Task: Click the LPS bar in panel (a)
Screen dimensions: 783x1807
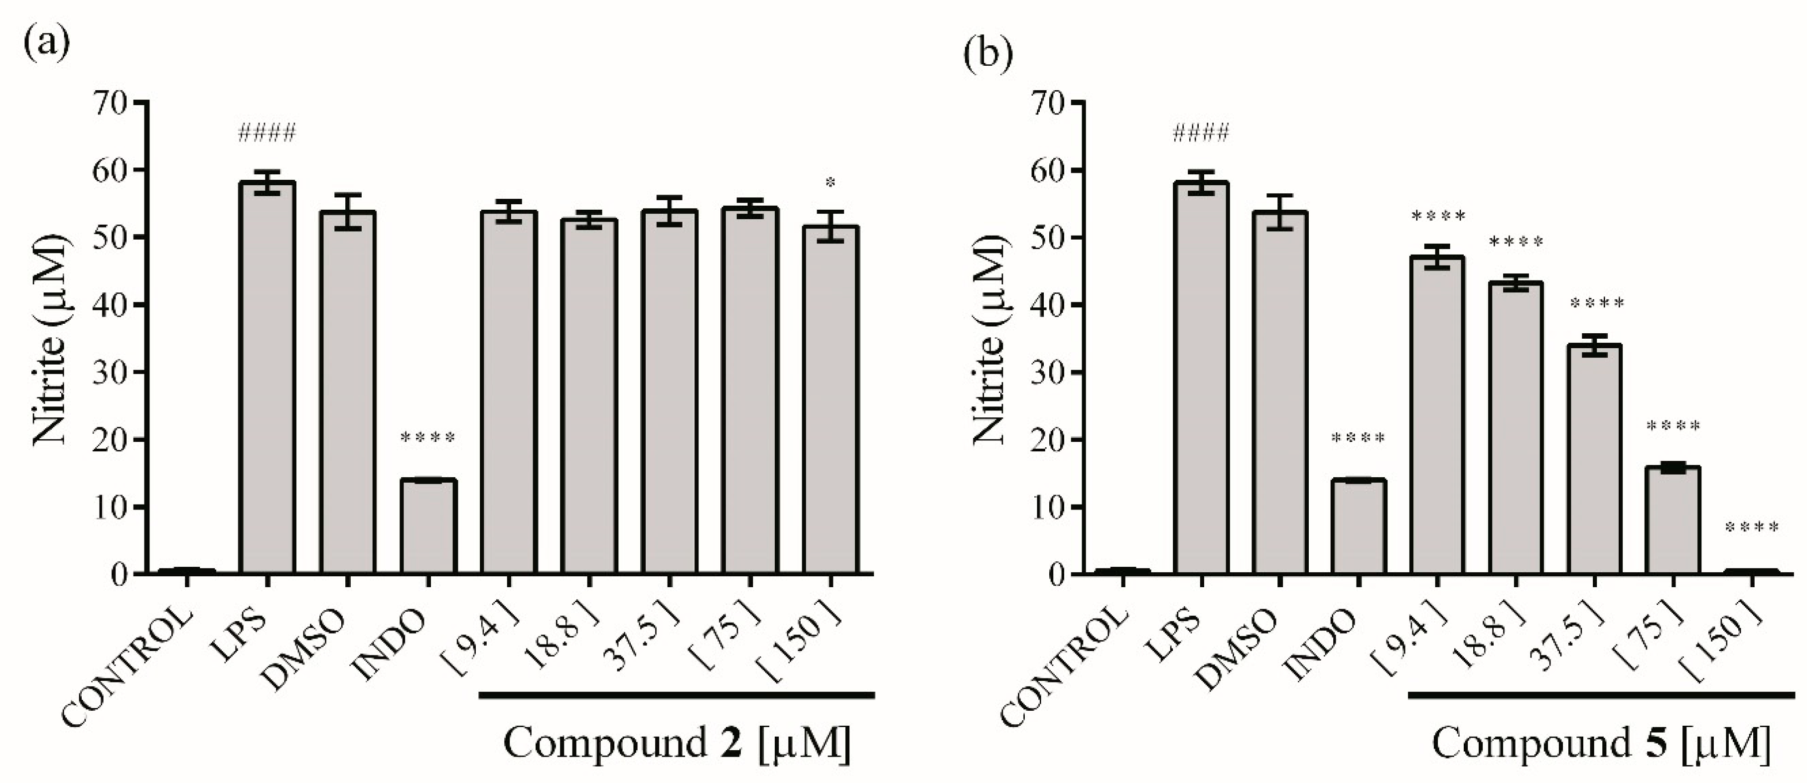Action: [267, 379]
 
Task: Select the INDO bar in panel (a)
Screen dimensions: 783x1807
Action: [428, 526]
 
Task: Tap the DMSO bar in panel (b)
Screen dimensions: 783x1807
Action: [1280, 393]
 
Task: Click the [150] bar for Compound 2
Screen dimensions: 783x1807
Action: [831, 400]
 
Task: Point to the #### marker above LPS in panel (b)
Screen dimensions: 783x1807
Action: [1201, 132]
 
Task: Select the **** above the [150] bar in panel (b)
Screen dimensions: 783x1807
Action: [1752, 527]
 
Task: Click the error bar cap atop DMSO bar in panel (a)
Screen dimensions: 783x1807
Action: [347, 195]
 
